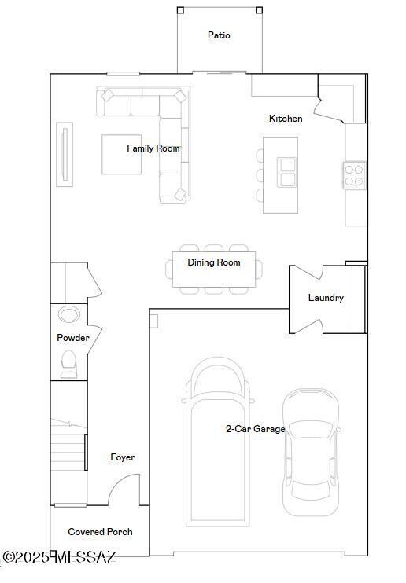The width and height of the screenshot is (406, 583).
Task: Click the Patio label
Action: tap(219, 35)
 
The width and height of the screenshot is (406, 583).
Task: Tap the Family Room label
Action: tap(153, 148)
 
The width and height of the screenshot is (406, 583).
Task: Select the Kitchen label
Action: tap(286, 119)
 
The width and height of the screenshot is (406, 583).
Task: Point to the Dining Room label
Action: tap(214, 262)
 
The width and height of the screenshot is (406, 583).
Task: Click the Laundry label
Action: tap(326, 298)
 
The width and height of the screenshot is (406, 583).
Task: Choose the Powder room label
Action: tap(73, 338)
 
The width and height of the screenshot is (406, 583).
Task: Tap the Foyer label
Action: tap(122, 457)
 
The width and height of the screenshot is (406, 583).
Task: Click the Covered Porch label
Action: tap(100, 532)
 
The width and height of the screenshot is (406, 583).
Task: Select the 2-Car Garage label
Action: tap(255, 429)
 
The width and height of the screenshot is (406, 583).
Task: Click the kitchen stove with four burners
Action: tap(354, 174)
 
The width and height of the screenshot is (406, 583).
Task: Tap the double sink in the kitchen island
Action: tap(287, 171)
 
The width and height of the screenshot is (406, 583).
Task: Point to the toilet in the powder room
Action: tap(68, 362)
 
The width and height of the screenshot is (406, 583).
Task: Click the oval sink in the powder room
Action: tap(68, 315)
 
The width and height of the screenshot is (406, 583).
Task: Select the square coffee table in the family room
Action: tap(122, 155)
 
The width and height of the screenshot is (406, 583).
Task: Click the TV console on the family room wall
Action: tap(65, 153)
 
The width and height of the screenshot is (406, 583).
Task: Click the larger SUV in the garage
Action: tap(218, 440)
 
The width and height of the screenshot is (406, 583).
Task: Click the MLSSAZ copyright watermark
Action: tap(59, 557)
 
